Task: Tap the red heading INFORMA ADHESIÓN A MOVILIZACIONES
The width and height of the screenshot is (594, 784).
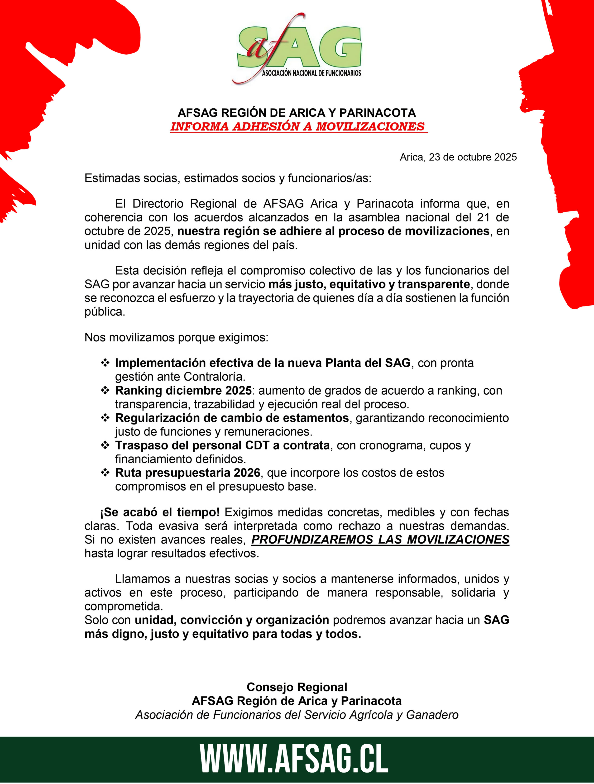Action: (298, 127)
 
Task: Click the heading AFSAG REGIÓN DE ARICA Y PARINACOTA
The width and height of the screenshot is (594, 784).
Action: (297, 113)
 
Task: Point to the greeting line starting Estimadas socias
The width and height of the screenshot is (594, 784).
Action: (228, 178)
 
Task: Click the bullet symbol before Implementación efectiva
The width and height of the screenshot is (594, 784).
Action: (105, 363)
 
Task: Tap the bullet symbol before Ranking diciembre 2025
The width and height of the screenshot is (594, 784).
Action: (105, 390)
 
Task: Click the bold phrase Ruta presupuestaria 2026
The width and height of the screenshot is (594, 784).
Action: (187, 473)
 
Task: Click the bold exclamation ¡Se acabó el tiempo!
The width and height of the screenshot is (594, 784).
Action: (160, 512)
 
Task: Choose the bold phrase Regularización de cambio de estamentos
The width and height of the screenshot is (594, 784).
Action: (232, 418)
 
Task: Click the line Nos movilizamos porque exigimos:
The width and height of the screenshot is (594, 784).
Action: (176, 337)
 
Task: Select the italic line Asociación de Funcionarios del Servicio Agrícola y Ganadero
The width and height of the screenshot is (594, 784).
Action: (297, 715)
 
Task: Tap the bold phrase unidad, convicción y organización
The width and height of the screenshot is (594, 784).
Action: (232, 620)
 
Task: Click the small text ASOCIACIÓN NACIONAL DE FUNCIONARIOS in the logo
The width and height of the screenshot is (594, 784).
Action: (311, 73)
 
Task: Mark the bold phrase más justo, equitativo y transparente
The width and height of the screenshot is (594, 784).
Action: (369, 284)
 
